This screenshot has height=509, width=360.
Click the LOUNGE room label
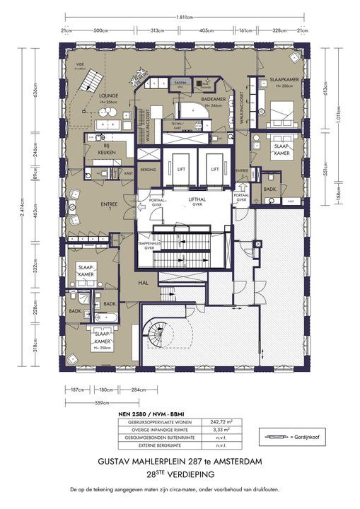click(x=108, y=95)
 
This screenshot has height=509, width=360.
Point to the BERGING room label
click(x=148, y=170)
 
